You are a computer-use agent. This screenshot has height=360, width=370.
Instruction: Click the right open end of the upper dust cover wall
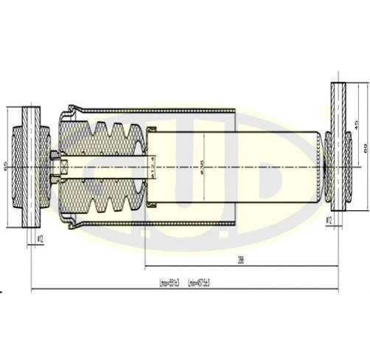234,112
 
